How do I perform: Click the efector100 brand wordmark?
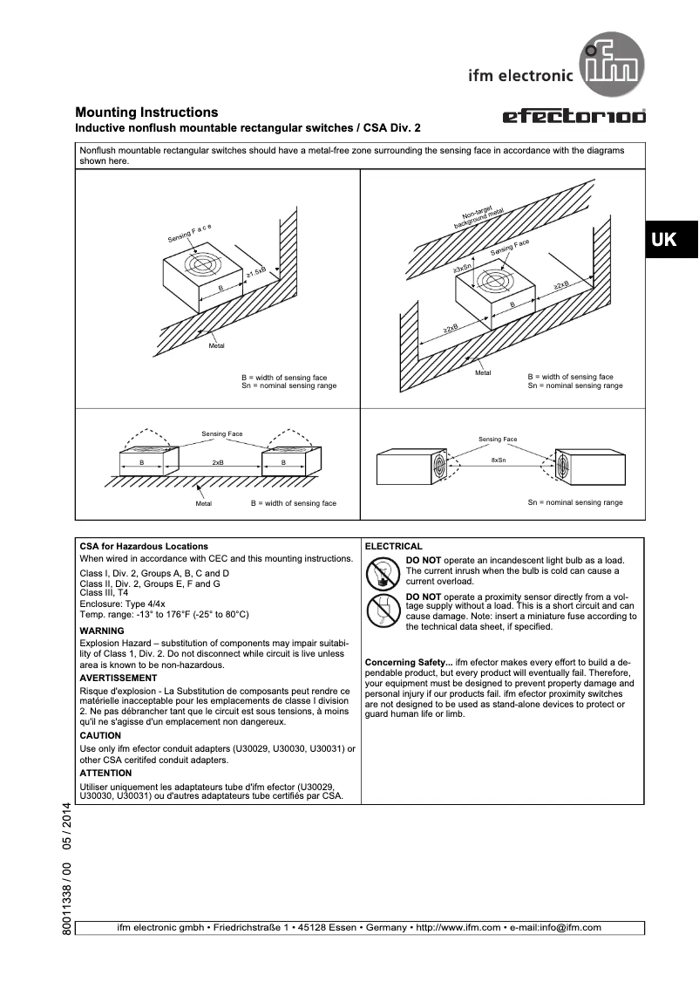coord(574,117)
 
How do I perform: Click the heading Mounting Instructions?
coord(146,113)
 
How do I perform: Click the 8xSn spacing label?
coord(499,459)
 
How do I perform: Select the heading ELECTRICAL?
coord(393,546)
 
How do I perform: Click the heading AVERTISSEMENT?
coord(119,678)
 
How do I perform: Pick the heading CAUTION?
coord(100,735)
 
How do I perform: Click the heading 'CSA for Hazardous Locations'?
coord(144,546)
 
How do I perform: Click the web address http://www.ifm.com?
coord(458,927)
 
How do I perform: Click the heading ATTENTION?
coord(105,773)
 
